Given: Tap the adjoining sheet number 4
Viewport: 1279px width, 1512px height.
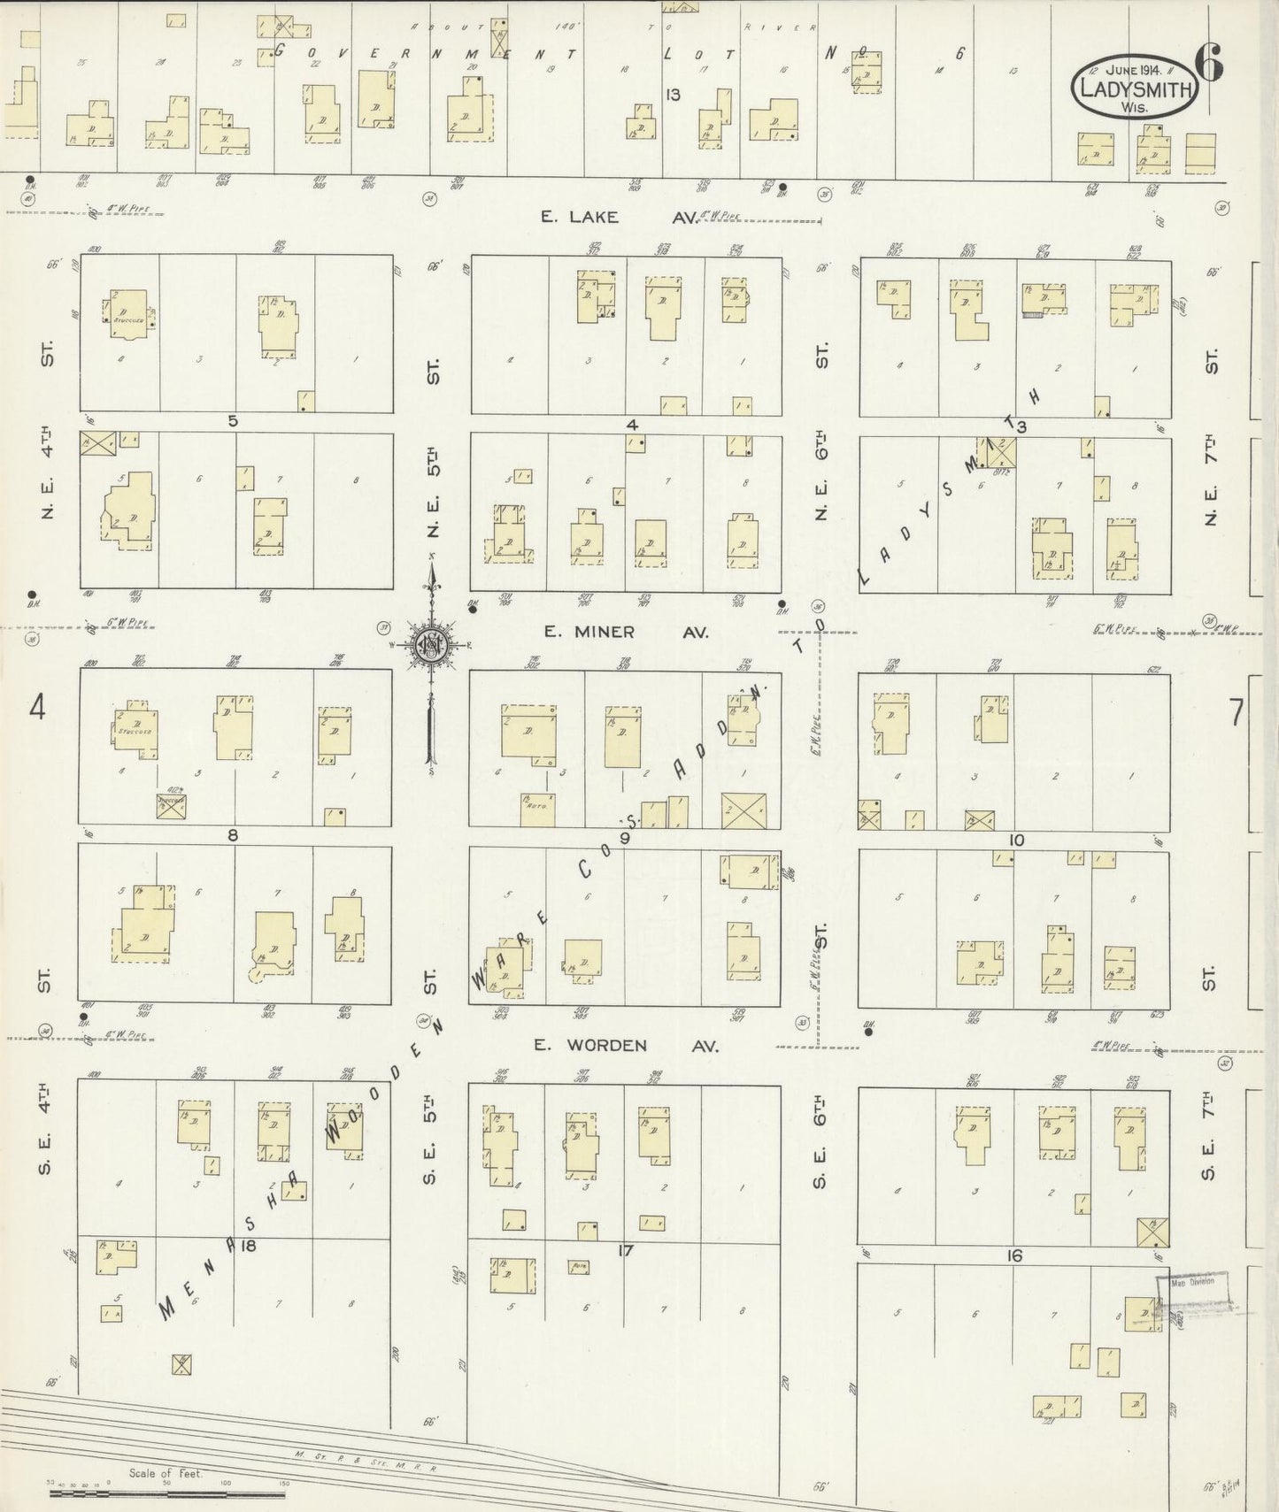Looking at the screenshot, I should tap(37, 708).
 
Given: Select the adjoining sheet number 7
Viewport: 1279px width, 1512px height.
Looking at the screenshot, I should tap(1236, 712).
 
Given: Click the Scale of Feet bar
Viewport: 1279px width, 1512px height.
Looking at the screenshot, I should tap(166, 1493).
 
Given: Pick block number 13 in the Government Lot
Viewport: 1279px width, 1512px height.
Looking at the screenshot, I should tap(674, 95).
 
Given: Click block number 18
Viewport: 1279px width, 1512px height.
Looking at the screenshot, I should tap(247, 1246).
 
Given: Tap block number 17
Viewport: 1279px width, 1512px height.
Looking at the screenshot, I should tap(626, 1250).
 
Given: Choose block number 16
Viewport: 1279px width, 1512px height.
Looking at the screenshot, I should tap(1014, 1255).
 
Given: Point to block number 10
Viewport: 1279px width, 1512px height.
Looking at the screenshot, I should tap(1015, 840).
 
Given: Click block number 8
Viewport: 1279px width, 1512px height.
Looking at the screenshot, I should tap(234, 834).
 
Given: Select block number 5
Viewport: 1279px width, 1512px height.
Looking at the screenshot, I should tap(234, 421).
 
